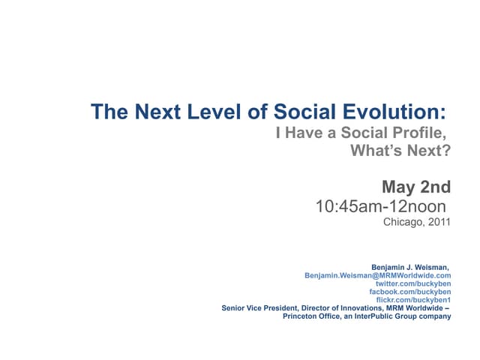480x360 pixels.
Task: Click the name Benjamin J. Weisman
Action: (409, 267)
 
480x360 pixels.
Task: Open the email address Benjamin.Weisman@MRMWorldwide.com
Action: (378, 275)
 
